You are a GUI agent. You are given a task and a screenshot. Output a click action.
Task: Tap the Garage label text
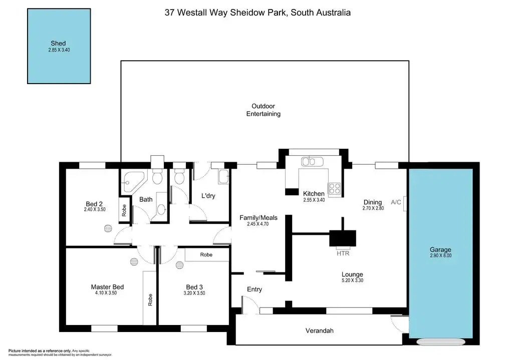[x=440, y=250]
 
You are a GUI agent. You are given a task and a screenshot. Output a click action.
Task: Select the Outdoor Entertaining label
[x=263, y=110]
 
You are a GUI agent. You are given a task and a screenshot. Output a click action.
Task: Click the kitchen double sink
[x=312, y=162]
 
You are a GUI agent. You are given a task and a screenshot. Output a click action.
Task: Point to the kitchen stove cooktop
[x=334, y=189]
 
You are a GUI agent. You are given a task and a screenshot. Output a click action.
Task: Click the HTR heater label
[x=343, y=253]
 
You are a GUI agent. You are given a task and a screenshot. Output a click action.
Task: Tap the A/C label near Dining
[x=396, y=202]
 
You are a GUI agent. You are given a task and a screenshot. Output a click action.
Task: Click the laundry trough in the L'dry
[x=223, y=177]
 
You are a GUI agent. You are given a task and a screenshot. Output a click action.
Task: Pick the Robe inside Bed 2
[x=123, y=210]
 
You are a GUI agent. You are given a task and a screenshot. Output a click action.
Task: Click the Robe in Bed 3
[x=206, y=255]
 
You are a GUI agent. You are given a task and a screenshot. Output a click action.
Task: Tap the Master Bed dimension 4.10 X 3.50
[x=107, y=293]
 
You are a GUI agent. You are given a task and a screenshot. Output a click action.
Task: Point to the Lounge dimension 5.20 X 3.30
[x=352, y=281]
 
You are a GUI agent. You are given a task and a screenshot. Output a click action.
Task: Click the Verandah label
[x=320, y=330]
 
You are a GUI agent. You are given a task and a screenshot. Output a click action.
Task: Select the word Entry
[x=254, y=289]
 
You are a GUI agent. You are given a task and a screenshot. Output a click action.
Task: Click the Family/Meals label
[x=259, y=218]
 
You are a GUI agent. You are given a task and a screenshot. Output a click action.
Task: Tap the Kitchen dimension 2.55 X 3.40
[x=314, y=200]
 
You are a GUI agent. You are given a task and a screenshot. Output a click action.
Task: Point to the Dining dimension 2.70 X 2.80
[x=373, y=208]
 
